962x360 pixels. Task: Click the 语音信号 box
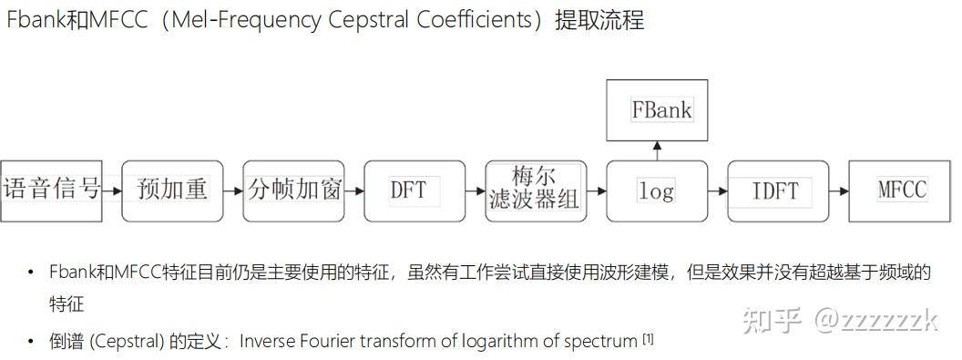[x=51, y=190]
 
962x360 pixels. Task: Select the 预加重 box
[x=172, y=190]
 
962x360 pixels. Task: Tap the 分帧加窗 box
[x=293, y=190]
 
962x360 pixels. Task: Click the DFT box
[x=414, y=190]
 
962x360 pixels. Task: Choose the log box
[x=656, y=190]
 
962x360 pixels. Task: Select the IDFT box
[x=777, y=190]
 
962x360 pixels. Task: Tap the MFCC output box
[x=902, y=190]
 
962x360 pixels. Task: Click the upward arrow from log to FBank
[x=656, y=150]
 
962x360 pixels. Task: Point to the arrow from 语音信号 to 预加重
[x=112, y=191]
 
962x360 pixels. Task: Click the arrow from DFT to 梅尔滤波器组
[x=475, y=191]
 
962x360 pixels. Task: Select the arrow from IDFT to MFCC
[x=838, y=191]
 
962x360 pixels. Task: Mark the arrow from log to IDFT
[x=717, y=191]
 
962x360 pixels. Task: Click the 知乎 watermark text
[x=773, y=320]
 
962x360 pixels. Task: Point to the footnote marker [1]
[x=648, y=339]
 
